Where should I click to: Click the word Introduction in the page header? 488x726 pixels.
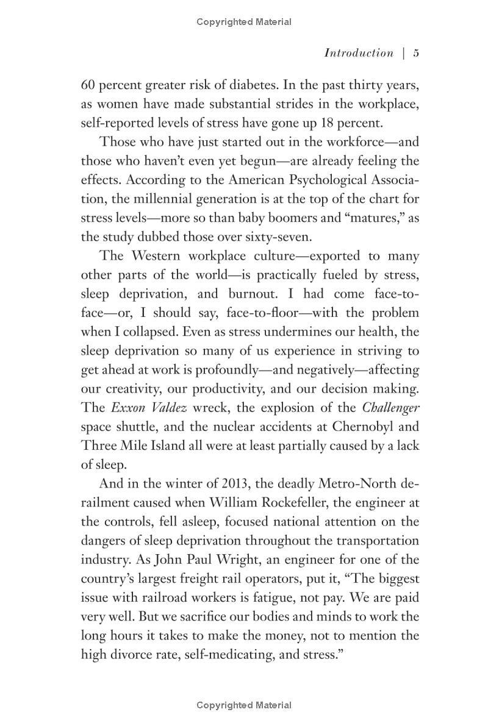click(x=359, y=53)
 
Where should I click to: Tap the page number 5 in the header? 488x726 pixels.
click(x=416, y=53)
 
